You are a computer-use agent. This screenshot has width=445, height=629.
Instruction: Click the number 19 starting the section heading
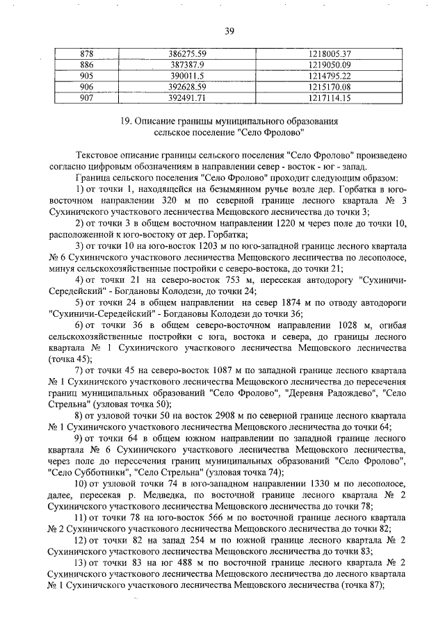[x=125, y=121]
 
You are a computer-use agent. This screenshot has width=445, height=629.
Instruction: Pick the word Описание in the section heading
[x=158, y=121]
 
